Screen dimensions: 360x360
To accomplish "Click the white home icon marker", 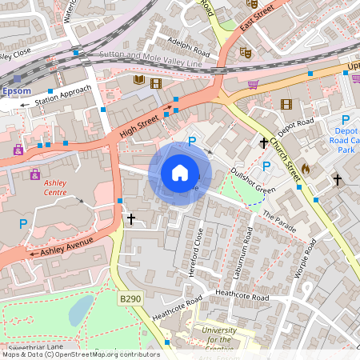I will [180, 173].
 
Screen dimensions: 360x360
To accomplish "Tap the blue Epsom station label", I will [17, 91].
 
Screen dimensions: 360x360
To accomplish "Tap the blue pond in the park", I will [81, 310].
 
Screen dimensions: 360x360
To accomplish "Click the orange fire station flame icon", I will [305, 170].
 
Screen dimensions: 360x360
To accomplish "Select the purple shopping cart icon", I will [254, 84].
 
